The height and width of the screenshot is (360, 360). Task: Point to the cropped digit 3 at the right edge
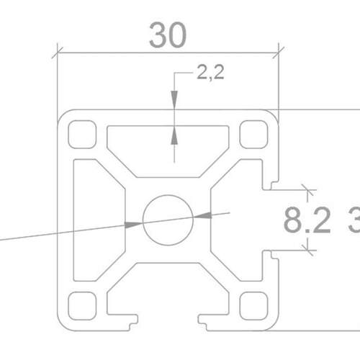[354, 221]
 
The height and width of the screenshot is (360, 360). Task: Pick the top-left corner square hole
[83, 134]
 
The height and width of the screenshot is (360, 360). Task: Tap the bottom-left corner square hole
[83, 304]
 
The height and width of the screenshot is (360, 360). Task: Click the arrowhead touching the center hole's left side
[135, 224]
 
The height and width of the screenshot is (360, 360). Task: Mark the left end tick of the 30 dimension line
[58, 52]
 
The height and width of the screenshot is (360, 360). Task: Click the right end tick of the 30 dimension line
[277, 52]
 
